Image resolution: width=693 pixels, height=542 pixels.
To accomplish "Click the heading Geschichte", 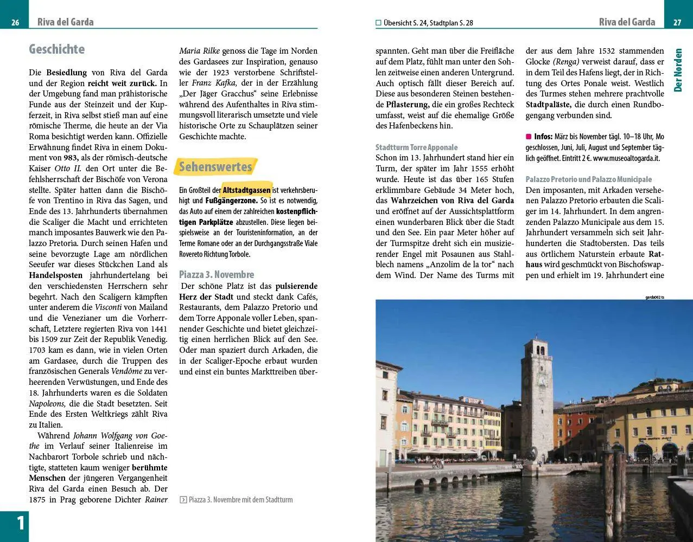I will click(x=56, y=49).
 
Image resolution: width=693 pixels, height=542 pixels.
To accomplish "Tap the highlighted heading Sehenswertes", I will click(x=215, y=167).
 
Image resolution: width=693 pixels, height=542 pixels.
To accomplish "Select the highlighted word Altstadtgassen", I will click(x=246, y=190).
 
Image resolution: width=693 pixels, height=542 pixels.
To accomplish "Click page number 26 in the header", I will click(x=15, y=22).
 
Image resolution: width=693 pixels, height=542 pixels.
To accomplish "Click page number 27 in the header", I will click(x=677, y=22).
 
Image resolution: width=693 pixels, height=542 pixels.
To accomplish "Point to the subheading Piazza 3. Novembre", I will click(x=217, y=274).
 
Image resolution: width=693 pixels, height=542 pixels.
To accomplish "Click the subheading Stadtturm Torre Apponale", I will click(x=416, y=147).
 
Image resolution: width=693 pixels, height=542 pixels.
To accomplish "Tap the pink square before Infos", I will click(x=529, y=137).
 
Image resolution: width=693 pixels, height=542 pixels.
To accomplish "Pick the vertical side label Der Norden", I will click(x=678, y=70).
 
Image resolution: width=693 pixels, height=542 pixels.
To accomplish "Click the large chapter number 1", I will click(x=20, y=524).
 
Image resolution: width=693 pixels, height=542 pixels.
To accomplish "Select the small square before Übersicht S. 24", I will click(x=378, y=23).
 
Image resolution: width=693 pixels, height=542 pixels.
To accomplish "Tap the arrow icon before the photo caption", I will click(x=183, y=500).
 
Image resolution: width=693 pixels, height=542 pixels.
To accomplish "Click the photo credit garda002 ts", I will click(x=654, y=297).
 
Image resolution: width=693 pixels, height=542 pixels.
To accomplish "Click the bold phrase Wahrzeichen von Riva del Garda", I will click(x=453, y=201).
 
